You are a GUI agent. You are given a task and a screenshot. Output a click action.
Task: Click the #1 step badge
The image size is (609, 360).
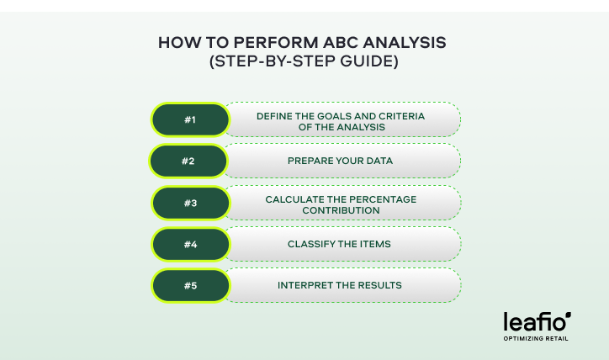tap(189, 120)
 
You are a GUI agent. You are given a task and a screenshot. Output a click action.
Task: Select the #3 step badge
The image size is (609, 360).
tap(189, 203)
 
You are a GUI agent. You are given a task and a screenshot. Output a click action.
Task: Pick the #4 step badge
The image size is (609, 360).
tap(189, 244)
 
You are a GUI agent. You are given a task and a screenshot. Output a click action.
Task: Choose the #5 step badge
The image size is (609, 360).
tap(189, 285)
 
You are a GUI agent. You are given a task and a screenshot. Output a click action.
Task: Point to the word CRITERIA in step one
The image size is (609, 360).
tap(401, 114)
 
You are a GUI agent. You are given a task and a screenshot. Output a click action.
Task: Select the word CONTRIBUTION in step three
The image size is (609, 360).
tap(342, 209)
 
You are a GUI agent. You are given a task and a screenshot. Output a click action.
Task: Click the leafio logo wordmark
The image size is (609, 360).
tap(536, 322)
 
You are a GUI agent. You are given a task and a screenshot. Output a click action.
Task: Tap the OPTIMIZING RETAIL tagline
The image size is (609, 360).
tap(536, 340)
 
